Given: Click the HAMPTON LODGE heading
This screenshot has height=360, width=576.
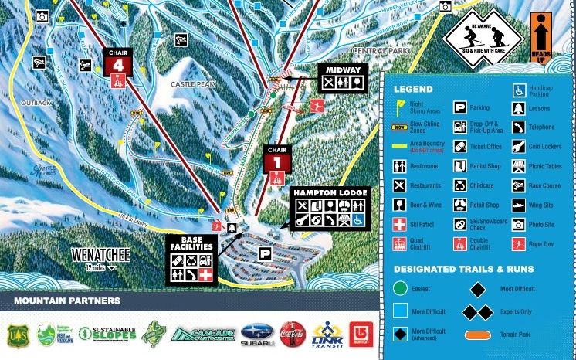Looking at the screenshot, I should (x=330, y=192).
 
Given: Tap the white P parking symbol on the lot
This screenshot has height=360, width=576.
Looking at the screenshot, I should (x=265, y=253).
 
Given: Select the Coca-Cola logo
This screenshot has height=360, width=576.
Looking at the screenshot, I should (x=293, y=335).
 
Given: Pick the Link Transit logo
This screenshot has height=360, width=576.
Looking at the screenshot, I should (x=327, y=335).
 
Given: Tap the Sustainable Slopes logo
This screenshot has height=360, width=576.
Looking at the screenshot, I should (x=114, y=335).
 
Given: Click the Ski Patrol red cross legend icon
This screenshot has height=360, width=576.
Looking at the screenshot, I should (x=400, y=224).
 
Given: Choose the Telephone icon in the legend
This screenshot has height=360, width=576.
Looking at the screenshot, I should (x=517, y=127).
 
